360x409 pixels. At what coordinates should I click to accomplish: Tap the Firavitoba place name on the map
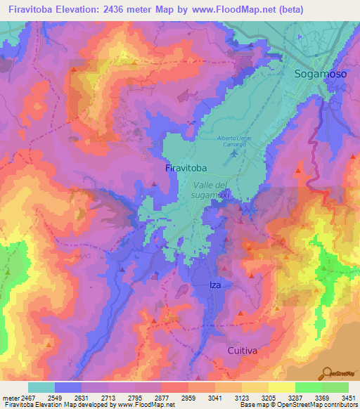coord(186,169)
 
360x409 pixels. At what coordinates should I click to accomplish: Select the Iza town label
coord(216,285)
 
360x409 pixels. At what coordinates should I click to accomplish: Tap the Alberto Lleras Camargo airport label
coord(232,143)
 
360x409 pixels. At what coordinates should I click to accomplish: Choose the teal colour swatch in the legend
coord(41,387)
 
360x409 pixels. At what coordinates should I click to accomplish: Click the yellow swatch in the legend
coord(282,387)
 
